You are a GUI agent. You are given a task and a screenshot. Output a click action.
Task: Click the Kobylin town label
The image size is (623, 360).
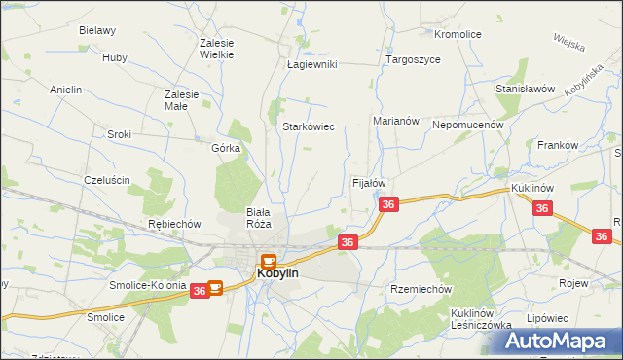tap(277, 274)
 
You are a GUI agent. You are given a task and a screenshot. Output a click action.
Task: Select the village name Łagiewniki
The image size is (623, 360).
tap(311, 64)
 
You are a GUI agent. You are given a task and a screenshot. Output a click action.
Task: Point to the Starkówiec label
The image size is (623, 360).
tap(309, 126)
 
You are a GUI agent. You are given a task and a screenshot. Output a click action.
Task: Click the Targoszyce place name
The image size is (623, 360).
tap(413, 59)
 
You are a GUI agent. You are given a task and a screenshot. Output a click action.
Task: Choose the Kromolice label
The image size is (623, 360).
tap(458, 34)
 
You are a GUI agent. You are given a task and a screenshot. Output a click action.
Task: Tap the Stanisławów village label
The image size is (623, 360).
tap(525, 89)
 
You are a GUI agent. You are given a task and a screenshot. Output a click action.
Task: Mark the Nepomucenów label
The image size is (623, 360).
tap(467, 125)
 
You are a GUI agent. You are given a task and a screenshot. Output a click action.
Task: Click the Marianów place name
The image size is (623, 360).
tap(395, 121)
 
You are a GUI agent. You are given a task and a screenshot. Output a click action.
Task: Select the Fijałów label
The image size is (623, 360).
tap(369, 183)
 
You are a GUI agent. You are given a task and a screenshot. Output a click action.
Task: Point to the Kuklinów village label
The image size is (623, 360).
tap(532, 186)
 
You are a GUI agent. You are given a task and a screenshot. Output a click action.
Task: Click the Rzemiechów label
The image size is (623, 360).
tap(421, 289)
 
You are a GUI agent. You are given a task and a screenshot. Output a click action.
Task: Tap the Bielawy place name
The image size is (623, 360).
tap(97, 30)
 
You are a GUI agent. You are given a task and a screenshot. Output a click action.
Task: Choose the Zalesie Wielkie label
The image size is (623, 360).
tap(217, 49)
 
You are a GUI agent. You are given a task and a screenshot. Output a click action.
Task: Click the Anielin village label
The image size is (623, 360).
tap(65, 90)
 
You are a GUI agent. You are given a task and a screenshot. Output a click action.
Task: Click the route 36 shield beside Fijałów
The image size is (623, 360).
tap(388, 204)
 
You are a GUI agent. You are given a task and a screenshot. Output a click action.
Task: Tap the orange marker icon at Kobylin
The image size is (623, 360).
tap(268, 261)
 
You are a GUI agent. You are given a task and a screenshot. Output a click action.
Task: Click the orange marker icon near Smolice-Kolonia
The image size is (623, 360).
tap(215, 288)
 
